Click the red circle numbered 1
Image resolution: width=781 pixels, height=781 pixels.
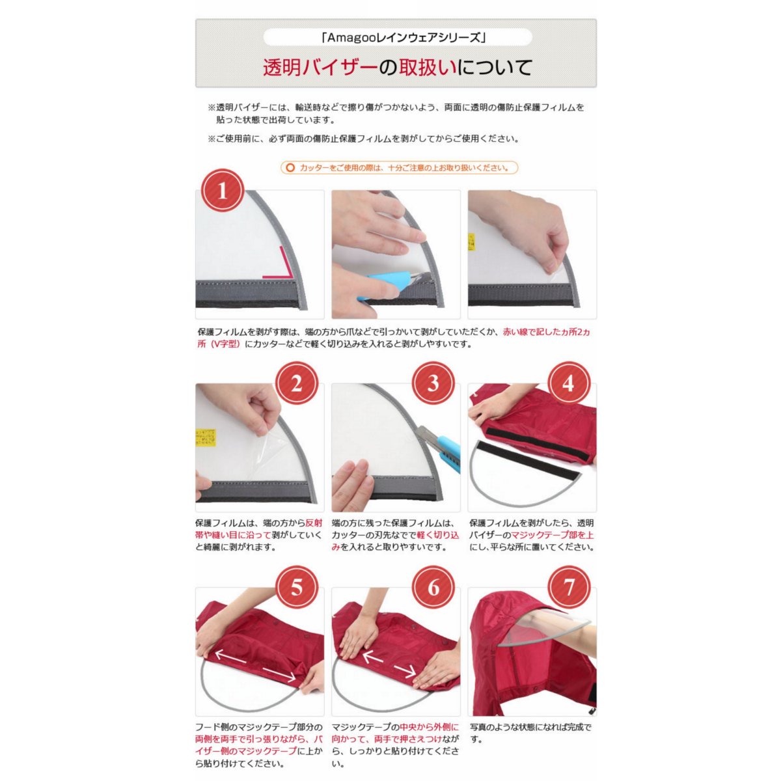tap(223, 190)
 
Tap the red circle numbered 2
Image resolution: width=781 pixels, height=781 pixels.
tap(297, 383)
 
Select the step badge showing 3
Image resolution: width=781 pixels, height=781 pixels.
tap(433, 383)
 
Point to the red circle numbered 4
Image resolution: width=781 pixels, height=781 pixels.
tap(569, 383)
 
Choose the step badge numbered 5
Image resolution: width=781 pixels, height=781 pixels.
tap(297, 586)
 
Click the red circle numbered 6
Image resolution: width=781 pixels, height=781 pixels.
tap(433, 586)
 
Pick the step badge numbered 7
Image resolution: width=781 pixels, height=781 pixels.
tap(569, 586)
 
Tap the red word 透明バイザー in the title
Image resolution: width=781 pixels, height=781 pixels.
tap(320, 67)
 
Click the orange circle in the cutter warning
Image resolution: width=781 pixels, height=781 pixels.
tap(290, 167)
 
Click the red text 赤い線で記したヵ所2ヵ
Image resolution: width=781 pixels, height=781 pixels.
tap(546, 332)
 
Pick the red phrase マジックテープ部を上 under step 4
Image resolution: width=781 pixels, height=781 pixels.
tap(552, 535)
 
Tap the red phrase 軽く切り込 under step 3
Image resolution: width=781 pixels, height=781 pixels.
tap(438, 535)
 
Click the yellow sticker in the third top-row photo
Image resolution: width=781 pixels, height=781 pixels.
tap(471, 241)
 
